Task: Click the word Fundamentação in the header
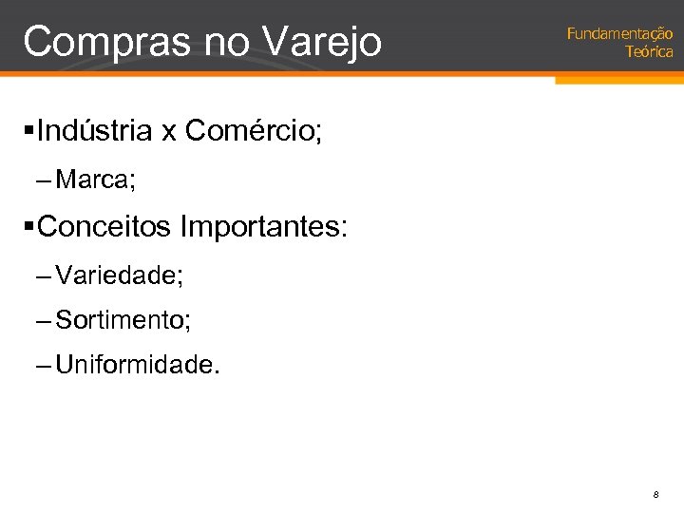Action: [619, 33]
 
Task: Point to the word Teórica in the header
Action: [649, 51]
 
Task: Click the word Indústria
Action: [95, 131]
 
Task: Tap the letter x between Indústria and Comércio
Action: [169, 133]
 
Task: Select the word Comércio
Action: [253, 131]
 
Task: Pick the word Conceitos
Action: [105, 227]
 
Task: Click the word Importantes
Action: [263, 228]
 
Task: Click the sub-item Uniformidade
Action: [138, 365]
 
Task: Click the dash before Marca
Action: [44, 180]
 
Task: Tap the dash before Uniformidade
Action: [44, 365]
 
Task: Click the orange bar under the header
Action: [617, 80]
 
